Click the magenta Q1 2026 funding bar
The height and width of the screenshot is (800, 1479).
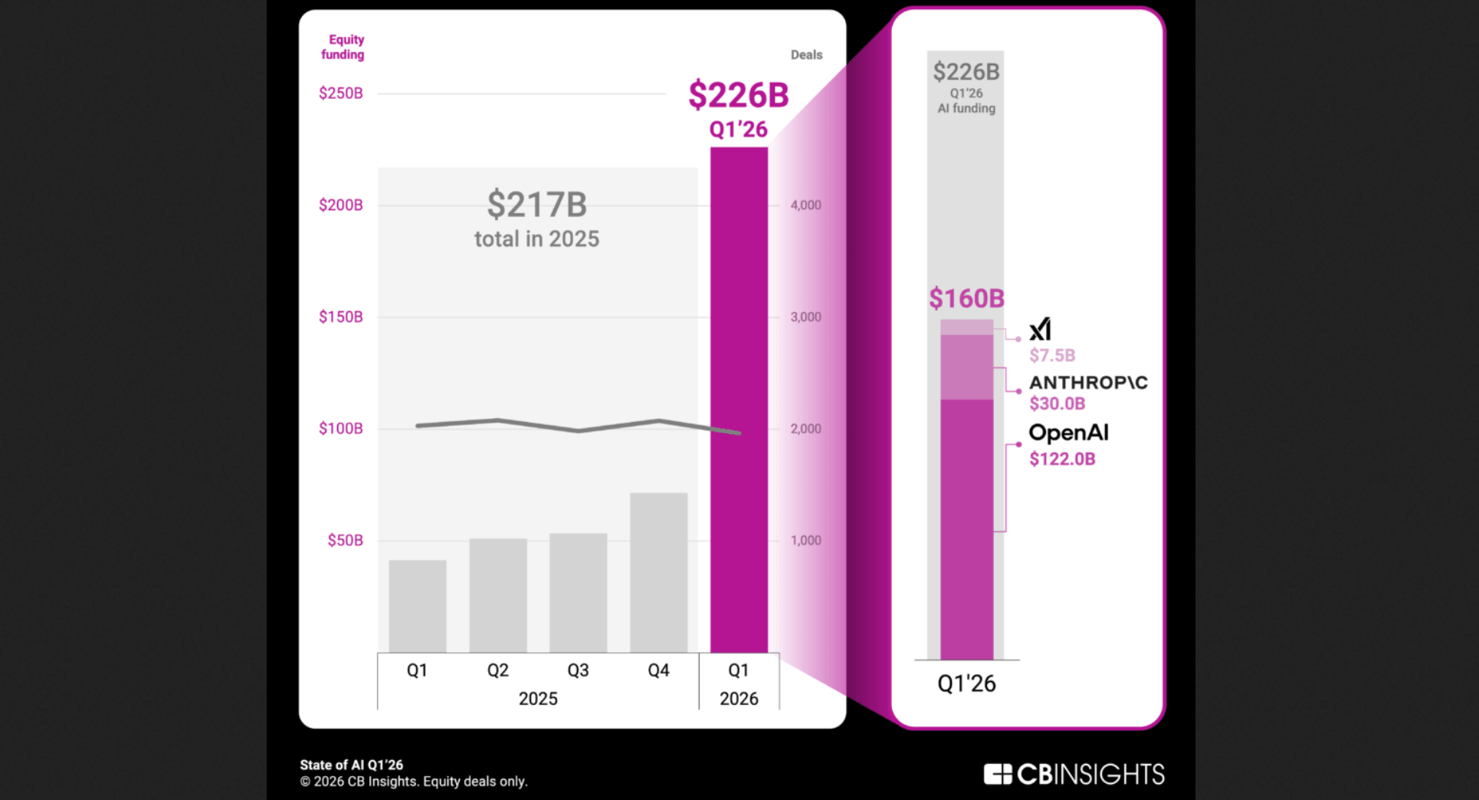point(739,399)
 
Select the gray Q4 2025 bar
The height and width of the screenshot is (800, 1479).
point(658,572)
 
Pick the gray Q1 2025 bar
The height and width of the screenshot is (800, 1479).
point(417,606)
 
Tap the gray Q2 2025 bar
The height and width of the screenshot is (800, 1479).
point(497,595)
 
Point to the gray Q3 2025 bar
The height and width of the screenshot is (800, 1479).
point(578,592)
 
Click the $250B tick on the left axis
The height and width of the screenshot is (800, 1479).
point(341,94)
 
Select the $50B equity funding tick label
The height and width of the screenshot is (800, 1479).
point(345,540)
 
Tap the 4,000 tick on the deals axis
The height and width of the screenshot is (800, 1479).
point(805,205)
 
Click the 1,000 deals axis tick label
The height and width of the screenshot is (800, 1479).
point(805,540)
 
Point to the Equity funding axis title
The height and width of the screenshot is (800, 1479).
point(343,47)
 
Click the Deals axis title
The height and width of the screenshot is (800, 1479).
point(806,55)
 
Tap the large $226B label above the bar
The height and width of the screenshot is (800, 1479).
point(738,96)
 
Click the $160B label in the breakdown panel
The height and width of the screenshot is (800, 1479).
point(966,298)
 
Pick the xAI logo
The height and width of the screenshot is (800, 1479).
point(1040,330)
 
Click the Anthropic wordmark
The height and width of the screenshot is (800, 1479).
point(1088,383)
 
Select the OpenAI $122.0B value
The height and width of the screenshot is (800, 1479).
point(1062,459)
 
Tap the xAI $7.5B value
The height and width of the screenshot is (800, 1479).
point(1052,355)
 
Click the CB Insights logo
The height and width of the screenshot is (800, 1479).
point(1074,774)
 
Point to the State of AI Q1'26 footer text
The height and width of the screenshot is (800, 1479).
point(351,765)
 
